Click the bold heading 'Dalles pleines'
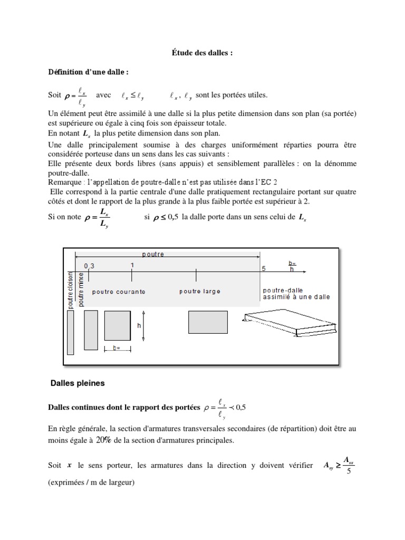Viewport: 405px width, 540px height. coord(77,383)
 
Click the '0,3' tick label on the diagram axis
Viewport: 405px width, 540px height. coord(88,266)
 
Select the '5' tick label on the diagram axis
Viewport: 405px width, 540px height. coord(264,268)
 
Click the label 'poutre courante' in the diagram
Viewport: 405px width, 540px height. coord(119,291)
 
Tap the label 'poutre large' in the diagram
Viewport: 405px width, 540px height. coord(200,291)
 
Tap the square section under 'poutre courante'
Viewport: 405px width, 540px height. coord(117,326)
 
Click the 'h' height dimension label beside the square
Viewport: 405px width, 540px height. coord(139,326)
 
